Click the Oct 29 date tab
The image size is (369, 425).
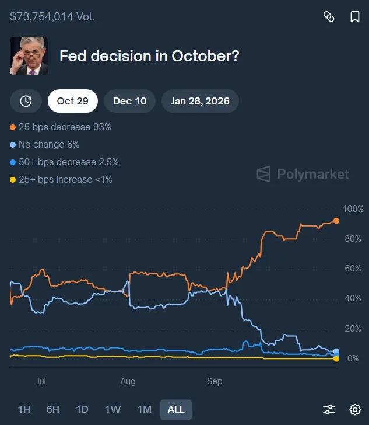[x=73, y=101]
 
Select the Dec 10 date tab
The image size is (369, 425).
[x=129, y=101]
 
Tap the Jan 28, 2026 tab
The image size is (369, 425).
[x=200, y=101]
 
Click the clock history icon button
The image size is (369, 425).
[x=26, y=101]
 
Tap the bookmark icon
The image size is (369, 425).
[x=354, y=17]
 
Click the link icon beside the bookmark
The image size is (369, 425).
[x=329, y=17]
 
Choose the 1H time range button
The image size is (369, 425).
[x=24, y=409]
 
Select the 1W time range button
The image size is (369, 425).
[x=113, y=409]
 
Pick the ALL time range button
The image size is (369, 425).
[x=175, y=409]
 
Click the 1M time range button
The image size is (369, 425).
[x=144, y=409]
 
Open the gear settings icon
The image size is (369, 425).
[x=354, y=409]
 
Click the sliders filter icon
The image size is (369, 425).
[x=329, y=409]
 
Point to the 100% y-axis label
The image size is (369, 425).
[x=353, y=209]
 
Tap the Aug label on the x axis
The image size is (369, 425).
[x=128, y=381]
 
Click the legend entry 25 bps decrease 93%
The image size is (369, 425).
[x=61, y=127]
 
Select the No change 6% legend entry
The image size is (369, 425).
[x=45, y=144]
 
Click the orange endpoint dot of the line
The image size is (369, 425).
[x=336, y=221]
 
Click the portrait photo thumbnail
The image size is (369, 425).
[x=29, y=56]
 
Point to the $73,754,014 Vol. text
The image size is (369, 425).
[x=52, y=16]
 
